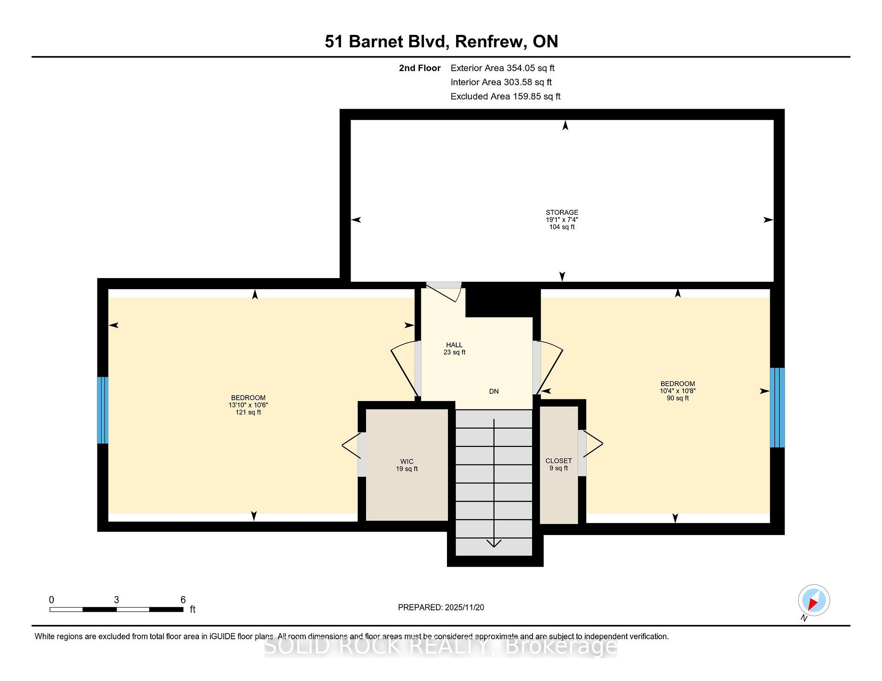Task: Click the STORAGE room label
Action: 562,212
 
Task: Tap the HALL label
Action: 454,345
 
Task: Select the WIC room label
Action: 407,462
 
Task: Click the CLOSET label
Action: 559,461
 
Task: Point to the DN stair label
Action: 494,391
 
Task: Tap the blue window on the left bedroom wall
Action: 102,410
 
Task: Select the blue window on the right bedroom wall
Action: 777,407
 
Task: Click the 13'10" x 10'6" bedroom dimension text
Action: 248,405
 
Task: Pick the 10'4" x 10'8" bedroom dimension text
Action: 678,391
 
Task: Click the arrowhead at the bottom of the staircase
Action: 494,544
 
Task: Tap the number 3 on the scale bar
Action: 117,600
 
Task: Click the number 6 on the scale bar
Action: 183,600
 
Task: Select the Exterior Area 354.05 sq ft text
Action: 503,68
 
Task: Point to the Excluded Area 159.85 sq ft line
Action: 505,96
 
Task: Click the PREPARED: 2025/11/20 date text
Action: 441,608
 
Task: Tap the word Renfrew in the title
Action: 491,41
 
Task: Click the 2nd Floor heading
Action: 419,68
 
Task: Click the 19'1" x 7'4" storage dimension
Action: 562,220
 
